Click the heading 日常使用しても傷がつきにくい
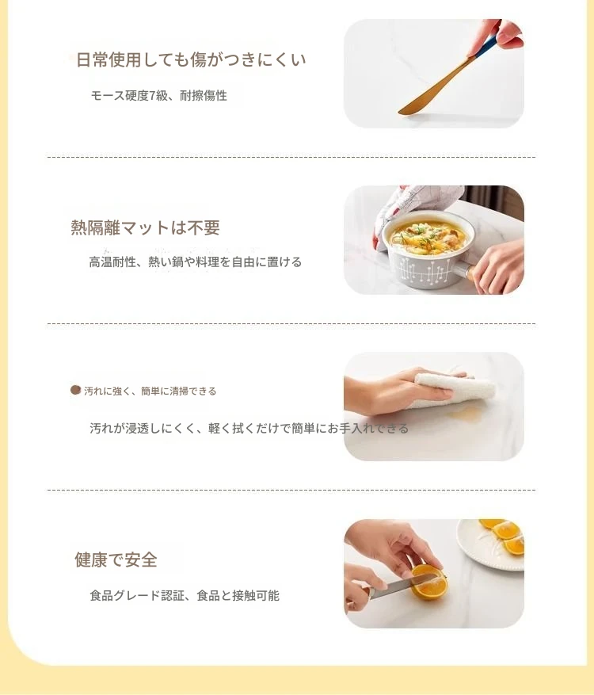coord(191,60)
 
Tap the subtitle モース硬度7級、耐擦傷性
coord(158,95)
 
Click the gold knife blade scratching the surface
coord(432,88)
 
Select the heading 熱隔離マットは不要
coord(145,227)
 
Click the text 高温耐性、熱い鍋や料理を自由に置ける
coord(196,262)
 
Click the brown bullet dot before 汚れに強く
coord(76,390)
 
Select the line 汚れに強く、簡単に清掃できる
coord(150,391)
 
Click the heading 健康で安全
coord(116,559)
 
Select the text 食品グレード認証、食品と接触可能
coord(185,595)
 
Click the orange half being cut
coord(428,582)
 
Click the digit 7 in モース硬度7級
coord(152,96)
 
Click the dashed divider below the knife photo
coord(291,157)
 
